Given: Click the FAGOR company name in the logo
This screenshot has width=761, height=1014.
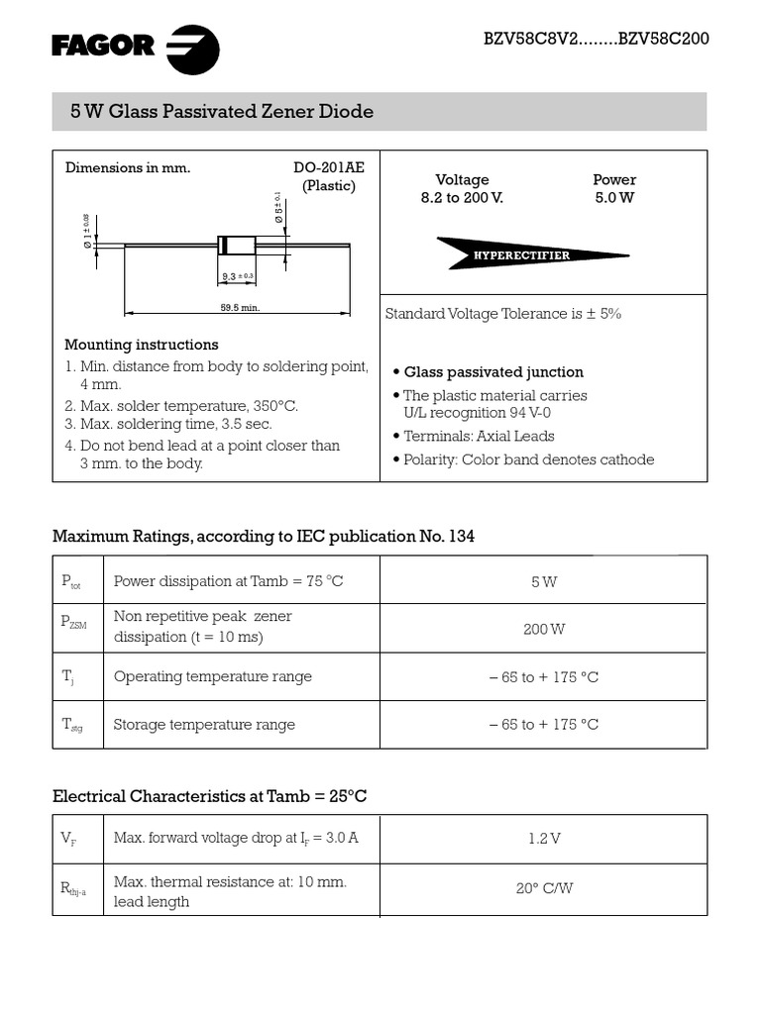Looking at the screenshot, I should [103, 46].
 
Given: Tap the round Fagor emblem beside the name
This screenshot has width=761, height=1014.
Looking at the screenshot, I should [192, 50].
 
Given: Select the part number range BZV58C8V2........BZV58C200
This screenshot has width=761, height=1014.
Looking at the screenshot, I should [596, 40].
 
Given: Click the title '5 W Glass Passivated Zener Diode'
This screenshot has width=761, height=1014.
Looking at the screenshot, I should [222, 112].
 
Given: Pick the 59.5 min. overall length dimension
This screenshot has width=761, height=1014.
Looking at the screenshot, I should [239, 308].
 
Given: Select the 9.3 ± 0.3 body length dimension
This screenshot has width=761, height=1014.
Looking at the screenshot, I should [237, 276].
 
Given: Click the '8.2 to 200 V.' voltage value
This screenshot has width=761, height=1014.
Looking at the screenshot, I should [462, 197].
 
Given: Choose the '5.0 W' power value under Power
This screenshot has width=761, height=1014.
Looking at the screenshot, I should [614, 197].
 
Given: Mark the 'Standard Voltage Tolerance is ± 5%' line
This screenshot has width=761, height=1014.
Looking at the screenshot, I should [502, 314].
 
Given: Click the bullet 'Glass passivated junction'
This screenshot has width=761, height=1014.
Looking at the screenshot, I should [492, 372].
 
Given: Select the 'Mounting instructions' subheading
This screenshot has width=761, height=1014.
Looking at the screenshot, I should [142, 345].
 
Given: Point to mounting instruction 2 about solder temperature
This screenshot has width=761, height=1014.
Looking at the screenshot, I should [181, 406].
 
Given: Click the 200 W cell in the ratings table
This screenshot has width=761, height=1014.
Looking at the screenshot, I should [543, 629].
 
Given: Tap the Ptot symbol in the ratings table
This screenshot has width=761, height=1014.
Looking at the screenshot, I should [70, 582].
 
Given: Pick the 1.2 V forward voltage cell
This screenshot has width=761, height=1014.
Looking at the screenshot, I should [543, 839].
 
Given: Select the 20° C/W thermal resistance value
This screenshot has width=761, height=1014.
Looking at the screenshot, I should [543, 888].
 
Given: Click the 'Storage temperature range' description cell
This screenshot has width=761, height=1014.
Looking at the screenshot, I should [204, 725].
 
